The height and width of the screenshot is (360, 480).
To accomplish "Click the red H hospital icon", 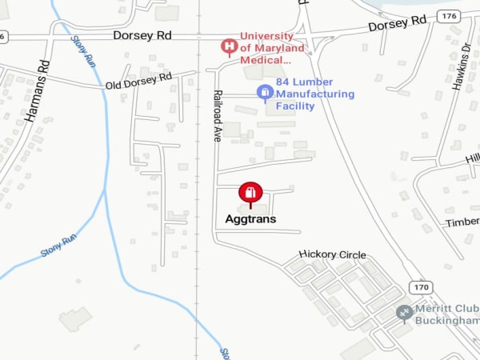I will click(230, 47).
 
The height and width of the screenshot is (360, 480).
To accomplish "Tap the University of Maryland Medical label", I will click(273, 48).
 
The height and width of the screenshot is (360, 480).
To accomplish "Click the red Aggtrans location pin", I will click(250, 194).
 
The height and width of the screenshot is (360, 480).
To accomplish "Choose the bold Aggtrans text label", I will click(250, 218).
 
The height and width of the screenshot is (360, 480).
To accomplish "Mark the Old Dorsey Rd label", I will click(138, 80).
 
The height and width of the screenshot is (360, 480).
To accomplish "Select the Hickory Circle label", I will click(332, 254).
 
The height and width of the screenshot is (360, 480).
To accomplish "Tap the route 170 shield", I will click(422, 287).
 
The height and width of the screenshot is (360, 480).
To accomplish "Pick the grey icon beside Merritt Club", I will click(406, 312).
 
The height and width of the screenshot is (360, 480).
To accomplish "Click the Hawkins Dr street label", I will click(462, 65).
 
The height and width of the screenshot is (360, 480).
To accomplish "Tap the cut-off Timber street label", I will click(462, 222).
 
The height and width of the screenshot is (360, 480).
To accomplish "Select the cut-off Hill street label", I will click(472, 158).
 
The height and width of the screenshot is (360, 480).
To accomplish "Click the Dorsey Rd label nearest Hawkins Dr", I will click(397, 25).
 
